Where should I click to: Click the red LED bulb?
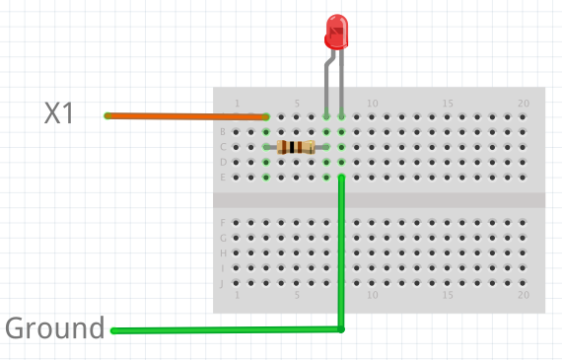[336, 33]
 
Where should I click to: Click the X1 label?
[59, 114]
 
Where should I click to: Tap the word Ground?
[55, 328]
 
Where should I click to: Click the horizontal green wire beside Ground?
[227, 329]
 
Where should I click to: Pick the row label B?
[222, 132]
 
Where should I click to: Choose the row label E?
[222, 178]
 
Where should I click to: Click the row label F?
[222, 222]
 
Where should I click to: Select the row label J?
[222, 283]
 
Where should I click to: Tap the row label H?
[222, 252]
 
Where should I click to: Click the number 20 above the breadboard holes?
[524, 104]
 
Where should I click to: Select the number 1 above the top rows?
[237, 104]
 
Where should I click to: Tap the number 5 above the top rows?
[297, 104]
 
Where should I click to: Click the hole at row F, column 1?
[237, 222]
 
